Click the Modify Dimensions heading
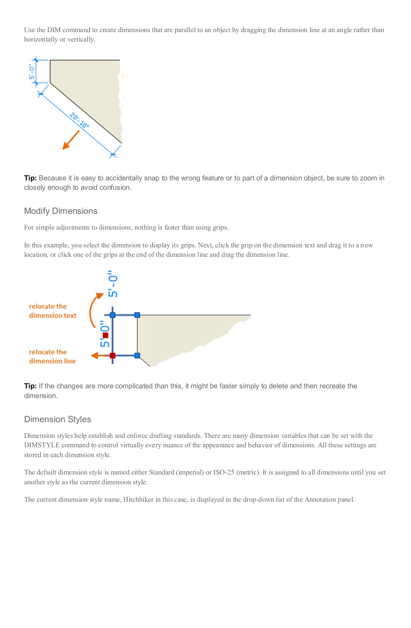tap(60, 211)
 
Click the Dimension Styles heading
tap(58, 419)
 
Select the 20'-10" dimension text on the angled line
tap(79, 120)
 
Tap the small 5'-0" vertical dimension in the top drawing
tap(32, 72)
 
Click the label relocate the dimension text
tap(52, 311)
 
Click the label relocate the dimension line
tap(52, 357)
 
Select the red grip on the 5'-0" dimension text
tap(105, 335)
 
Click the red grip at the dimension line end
tap(112, 356)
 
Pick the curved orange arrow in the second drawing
tap(94, 309)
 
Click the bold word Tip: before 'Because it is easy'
tap(30, 178)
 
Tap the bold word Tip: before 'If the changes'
tap(30, 386)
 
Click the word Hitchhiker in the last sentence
tap(138, 500)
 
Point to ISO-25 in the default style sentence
tap(223, 472)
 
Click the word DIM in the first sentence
tap(54, 30)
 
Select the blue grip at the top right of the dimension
tap(137, 315)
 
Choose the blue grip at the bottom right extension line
tap(137, 356)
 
